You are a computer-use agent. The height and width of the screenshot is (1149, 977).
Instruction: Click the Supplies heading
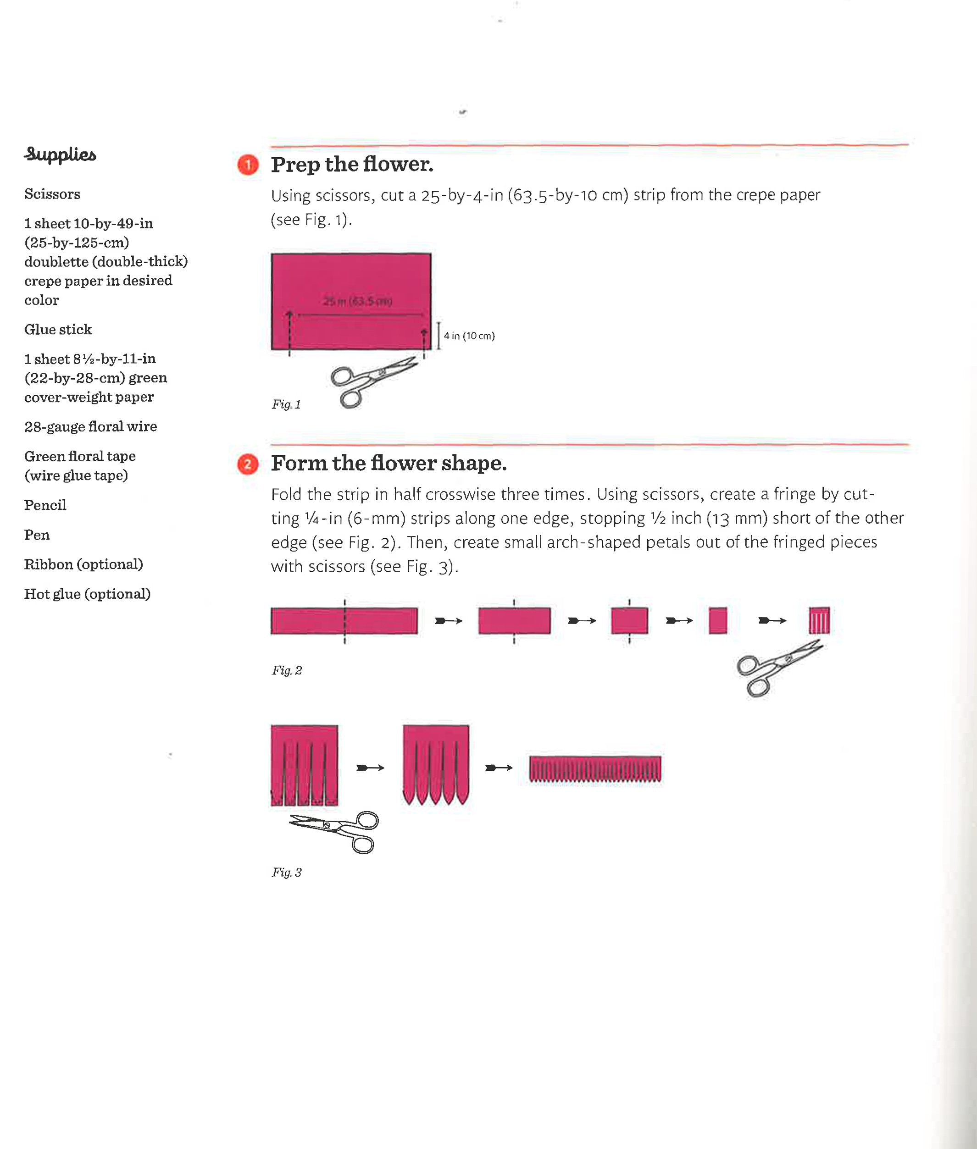pyautogui.click(x=60, y=155)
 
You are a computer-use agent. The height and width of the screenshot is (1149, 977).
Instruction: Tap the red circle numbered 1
pyautogui.click(x=248, y=165)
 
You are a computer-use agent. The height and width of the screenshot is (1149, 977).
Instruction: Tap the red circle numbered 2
pyautogui.click(x=248, y=464)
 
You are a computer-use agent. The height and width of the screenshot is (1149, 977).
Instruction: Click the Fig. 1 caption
pyautogui.click(x=286, y=404)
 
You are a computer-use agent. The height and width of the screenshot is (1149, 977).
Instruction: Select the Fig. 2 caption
pyautogui.click(x=286, y=671)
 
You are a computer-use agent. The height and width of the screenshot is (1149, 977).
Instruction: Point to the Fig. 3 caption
pyautogui.click(x=286, y=873)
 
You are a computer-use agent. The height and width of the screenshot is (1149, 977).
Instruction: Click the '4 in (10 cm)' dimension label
pyautogui.click(x=469, y=336)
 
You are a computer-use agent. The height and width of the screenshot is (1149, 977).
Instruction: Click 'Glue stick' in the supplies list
pyautogui.click(x=58, y=330)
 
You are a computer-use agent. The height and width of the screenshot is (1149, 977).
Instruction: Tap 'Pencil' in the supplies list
pyautogui.click(x=45, y=505)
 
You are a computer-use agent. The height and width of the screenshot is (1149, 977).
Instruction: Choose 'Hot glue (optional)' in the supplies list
pyautogui.click(x=87, y=594)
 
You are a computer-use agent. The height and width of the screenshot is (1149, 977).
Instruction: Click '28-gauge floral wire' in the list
pyautogui.click(x=90, y=426)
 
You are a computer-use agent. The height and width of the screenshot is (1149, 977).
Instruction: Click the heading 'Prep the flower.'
pyautogui.click(x=352, y=165)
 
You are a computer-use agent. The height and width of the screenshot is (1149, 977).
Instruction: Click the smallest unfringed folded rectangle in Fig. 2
pyautogui.click(x=717, y=621)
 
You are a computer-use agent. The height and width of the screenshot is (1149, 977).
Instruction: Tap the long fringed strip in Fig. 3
pyautogui.click(x=595, y=768)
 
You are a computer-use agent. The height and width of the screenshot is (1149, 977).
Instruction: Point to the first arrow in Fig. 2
pyautogui.click(x=448, y=621)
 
